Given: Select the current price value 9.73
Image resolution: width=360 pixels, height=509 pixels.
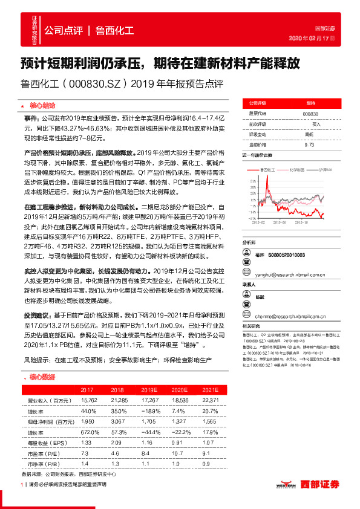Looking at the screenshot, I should [x=310, y=145].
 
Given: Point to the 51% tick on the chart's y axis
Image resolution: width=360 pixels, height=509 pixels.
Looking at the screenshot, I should [x=246, y=175].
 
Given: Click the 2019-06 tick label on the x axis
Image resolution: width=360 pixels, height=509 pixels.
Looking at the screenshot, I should [x=283, y=222].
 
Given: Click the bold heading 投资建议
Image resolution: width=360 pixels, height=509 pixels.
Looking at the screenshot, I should [x=34, y=315].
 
